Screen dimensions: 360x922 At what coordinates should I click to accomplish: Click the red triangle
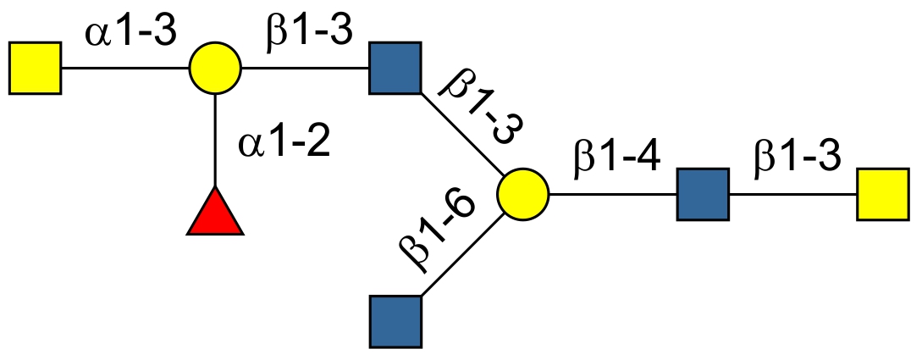(x=215, y=213)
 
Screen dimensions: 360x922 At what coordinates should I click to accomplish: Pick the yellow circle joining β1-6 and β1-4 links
(x=522, y=194)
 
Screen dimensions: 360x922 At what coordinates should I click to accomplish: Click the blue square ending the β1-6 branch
(x=395, y=321)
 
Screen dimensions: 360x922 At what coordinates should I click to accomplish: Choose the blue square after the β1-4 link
(x=703, y=194)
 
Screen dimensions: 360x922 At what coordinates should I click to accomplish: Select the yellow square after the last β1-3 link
(x=883, y=194)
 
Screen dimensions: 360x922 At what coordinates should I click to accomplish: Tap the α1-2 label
(x=283, y=143)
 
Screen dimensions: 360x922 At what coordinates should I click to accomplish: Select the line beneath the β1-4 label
(x=613, y=194)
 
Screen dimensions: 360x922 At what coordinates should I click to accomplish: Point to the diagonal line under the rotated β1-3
(x=461, y=132)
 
